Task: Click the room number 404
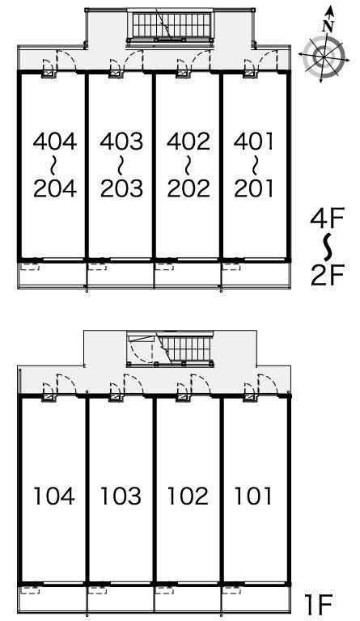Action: (x=55, y=142)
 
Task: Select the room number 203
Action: (x=121, y=188)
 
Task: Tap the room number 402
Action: (x=188, y=142)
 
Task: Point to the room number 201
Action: (x=254, y=188)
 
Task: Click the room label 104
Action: (x=54, y=496)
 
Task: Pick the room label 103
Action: (x=121, y=496)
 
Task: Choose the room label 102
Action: (x=188, y=496)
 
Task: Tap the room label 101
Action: (x=254, y=496)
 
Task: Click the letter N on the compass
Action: (x=327, y=26)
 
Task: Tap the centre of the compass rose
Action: (x=324, y=57)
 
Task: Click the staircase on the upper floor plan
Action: (x=171, y=25)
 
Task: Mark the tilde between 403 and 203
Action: (x=121, y=165)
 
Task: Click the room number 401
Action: (x=254, y=142)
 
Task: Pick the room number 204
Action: (x=55, y=188)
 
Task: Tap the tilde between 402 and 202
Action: (x=188, y=165)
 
